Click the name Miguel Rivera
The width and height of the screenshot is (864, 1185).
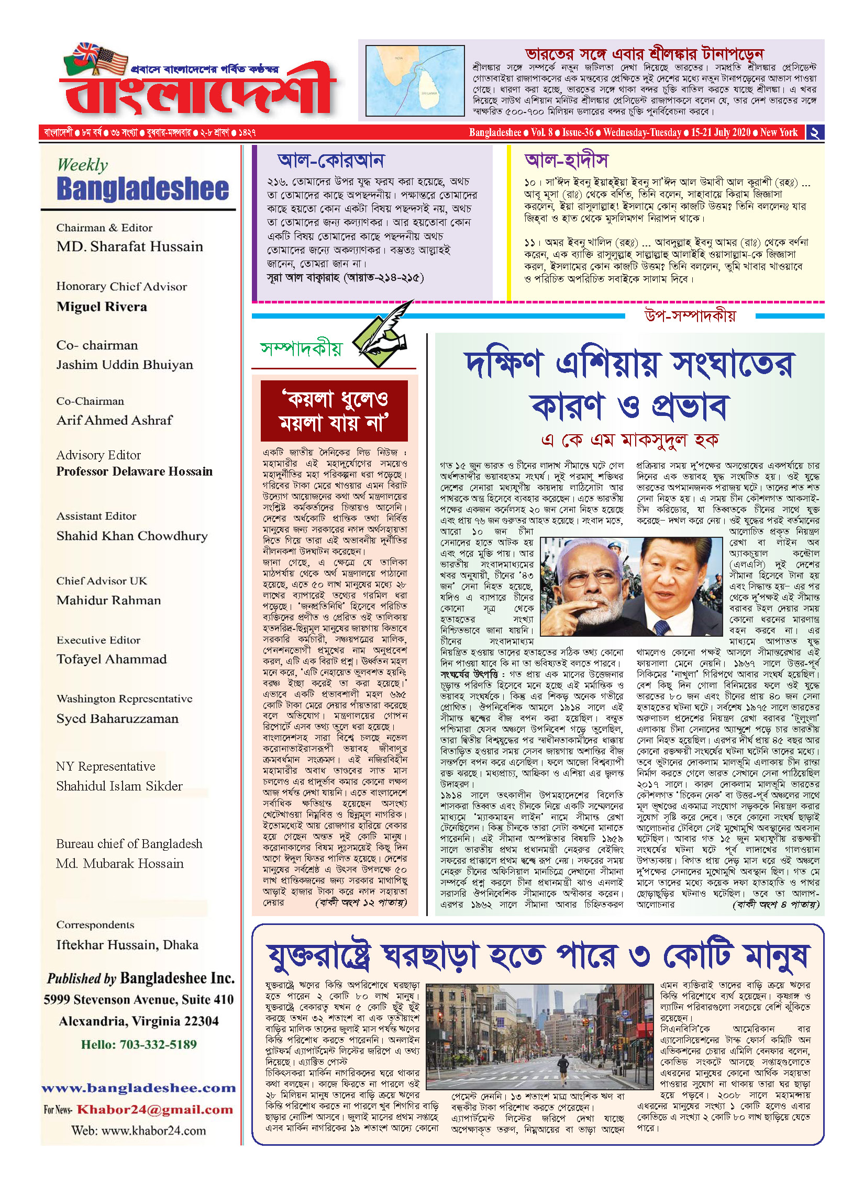point(102,307)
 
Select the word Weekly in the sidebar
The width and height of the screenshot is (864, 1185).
point(82,165)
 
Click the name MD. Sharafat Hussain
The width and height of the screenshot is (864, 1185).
point(129,246)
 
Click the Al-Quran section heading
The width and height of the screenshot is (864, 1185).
point(330,160)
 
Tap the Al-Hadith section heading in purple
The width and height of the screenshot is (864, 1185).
point(566,160)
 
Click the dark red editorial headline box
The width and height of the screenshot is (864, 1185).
point(334,411)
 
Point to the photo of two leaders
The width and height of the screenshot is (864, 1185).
point(631,586)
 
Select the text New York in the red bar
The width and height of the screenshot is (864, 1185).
point(779,132)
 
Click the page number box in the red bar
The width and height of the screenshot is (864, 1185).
point(815,132)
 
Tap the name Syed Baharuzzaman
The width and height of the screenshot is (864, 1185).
point(117,718)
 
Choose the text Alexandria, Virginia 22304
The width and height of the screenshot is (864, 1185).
point(139,1021)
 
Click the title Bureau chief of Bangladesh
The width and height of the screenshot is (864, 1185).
point(129,844)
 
